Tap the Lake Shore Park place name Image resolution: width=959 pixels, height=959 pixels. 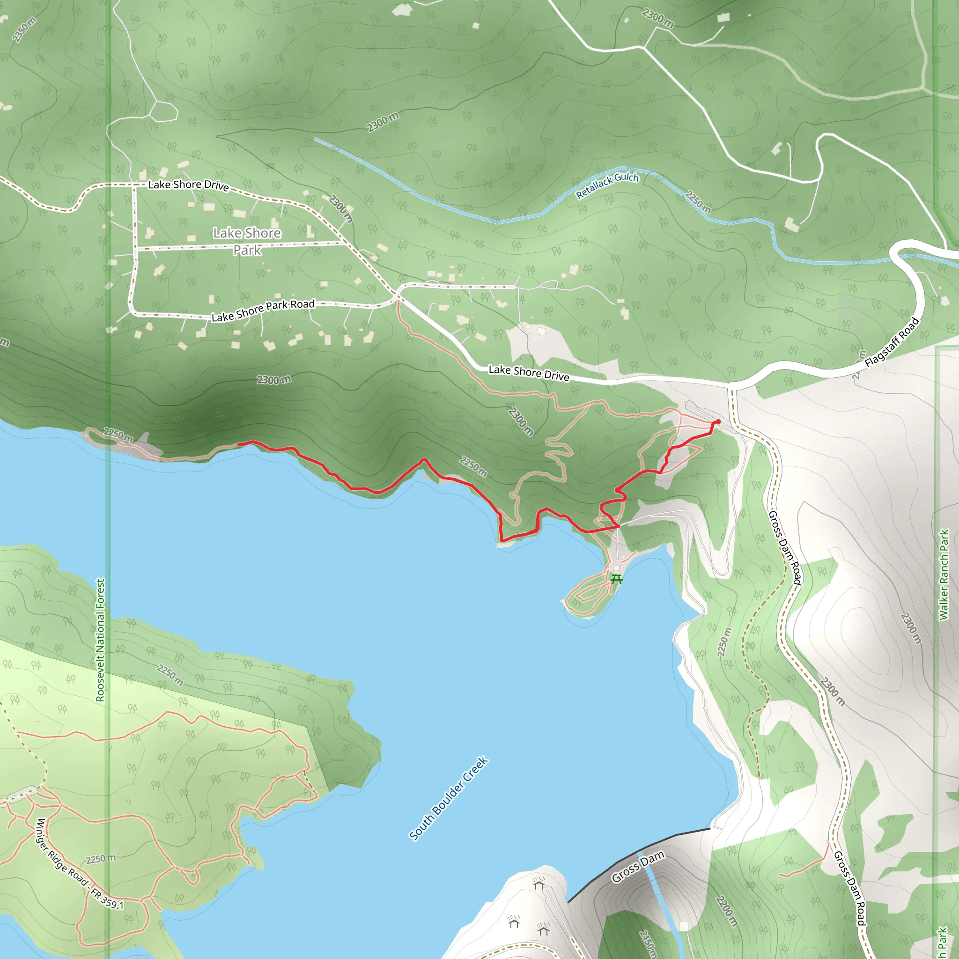[247, 241]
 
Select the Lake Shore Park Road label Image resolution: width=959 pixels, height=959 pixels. [263, 310]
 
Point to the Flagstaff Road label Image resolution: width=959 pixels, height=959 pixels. [892, 342]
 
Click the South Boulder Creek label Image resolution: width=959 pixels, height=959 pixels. [448, 798]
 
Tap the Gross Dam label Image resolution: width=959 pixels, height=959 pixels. [637, 867]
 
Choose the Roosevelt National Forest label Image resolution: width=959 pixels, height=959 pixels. [100, 640]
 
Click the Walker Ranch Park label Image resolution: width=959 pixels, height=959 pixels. [943, 574]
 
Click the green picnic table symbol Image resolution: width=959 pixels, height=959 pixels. [617, 578]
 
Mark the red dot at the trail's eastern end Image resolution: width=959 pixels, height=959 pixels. [718, 421]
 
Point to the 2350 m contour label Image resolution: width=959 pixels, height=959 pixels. [24, 30]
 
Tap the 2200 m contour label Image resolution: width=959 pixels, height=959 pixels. [727, 910]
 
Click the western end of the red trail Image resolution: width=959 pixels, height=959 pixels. [239, 444]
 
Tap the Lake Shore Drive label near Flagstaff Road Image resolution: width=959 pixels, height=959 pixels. [529, 373]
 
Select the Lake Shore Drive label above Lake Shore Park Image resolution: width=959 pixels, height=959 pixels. [189, 185]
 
